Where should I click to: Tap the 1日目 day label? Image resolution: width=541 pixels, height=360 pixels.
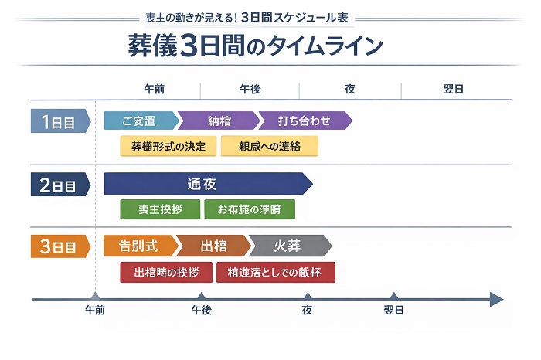(x=59, y=121)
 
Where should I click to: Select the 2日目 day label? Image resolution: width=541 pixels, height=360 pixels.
(x=59, y=185)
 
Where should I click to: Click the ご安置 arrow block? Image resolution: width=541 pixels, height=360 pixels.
(x=139, y=121)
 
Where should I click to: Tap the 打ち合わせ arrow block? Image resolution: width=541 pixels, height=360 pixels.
(x=304, y=121)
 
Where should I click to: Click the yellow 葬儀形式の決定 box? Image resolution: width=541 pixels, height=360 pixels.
(x=168, y=146)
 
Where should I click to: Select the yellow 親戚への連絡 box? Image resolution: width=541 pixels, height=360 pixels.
(x=269, y=146)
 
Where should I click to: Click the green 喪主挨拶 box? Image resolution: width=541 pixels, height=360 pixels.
(x=159, y=209)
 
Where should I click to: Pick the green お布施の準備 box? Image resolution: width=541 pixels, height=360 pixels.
(x=250, y=209)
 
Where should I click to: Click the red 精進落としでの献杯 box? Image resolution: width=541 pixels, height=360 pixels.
(x=276, y=272)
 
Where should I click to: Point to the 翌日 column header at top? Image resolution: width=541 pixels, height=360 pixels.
(x=453, y=90)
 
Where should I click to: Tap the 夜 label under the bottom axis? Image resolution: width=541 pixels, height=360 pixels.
(x=307, y=311)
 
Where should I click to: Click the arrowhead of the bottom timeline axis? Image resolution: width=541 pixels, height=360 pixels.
(x=496, y=299)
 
